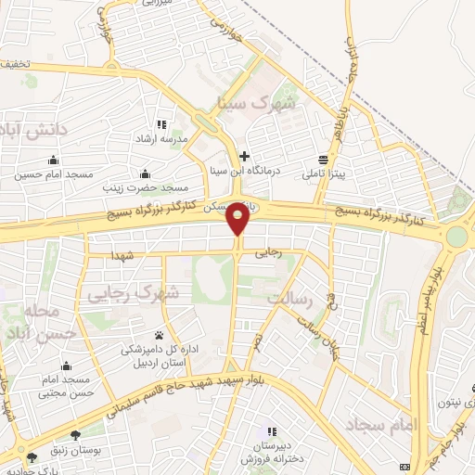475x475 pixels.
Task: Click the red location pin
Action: pos(238,219)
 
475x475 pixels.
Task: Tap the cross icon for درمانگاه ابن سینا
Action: pos(244,156)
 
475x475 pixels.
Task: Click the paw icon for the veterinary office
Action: pos(160,335)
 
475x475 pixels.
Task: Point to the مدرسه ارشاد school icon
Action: pos(161,124)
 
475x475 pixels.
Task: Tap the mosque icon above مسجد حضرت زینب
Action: pos(145,173)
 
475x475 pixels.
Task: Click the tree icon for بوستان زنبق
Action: pos(74,434)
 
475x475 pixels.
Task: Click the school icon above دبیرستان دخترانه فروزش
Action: pos(271,432)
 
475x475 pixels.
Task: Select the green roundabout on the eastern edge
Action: pos(456,236)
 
